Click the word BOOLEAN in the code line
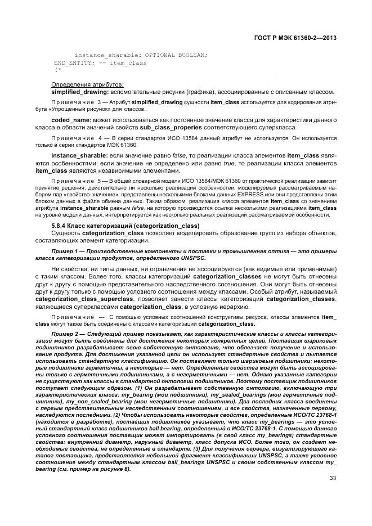pyautogui.click(x=192, y=55)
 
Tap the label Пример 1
pyautogui.click(x=66, y=251)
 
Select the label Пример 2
pyautogui.click(x=66, y=334)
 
